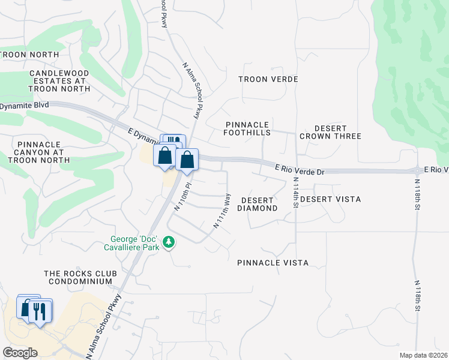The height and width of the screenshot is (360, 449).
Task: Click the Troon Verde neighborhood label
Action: pos(268,79)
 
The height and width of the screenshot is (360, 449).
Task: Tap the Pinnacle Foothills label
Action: pos(247,128)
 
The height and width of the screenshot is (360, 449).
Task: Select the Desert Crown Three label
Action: pos(330,133)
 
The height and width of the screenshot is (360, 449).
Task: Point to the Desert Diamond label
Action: pos(257,204)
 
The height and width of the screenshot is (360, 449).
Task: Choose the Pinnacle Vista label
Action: pos(273,263)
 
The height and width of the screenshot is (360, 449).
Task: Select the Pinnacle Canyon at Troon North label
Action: pos(44,152)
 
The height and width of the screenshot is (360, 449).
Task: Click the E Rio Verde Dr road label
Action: pos(300,170)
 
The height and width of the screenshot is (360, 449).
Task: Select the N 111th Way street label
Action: pos(222,211)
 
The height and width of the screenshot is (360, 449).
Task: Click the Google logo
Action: pos(20,352)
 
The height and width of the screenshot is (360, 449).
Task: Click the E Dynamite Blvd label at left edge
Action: pos(24,106)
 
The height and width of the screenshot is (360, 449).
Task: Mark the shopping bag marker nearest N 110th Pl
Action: pos(187,160)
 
